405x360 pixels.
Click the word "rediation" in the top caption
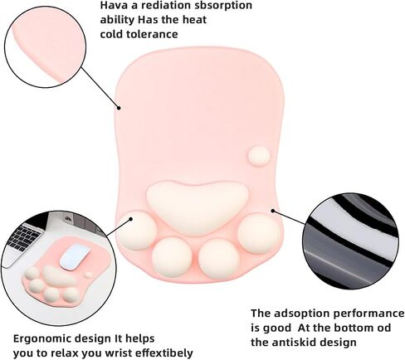click(x=165, y=6)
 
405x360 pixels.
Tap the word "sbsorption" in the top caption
click(x=223, y=6)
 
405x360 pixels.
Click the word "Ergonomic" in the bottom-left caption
click(x=42, y=339)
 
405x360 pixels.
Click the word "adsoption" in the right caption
click(x=303, y=314)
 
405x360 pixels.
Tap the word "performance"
click(x=368, y=314)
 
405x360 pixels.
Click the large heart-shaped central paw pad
click(x=198, y=205)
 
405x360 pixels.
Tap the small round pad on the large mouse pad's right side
click(x=259, y=156)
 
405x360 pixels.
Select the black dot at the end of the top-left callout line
click(x=119, y=108)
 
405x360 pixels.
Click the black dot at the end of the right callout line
click(x=273, y=211)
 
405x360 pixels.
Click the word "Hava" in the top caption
click(x=114, y=6)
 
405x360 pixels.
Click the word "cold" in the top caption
click(x=111, y=35)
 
